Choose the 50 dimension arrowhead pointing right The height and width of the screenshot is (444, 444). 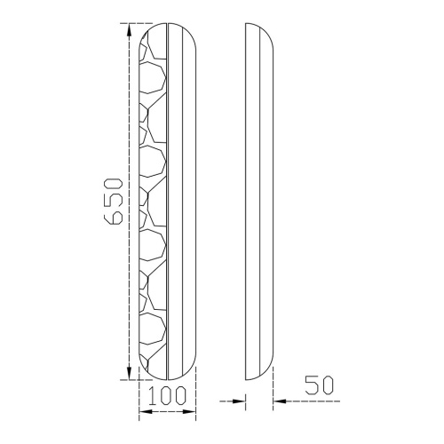coord(239,402)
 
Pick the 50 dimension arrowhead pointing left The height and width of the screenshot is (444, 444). coord(278,402)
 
